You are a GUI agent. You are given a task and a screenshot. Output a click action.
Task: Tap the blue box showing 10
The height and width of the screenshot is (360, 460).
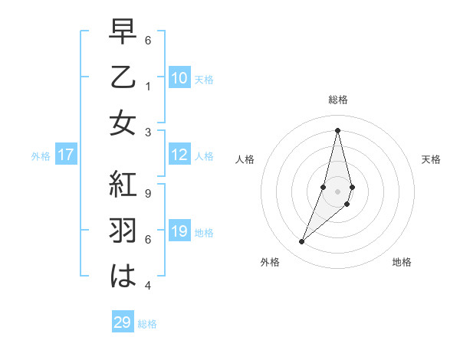coord(179,77)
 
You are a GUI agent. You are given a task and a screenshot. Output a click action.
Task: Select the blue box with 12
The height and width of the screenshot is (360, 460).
coord(179,155)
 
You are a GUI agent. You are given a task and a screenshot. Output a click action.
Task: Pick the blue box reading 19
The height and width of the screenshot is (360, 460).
coord(179,231)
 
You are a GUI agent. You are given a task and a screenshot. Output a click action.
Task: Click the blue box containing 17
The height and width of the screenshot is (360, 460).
coord(66,155)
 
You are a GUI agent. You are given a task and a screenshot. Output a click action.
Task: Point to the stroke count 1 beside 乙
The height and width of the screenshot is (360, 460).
coord(148,86)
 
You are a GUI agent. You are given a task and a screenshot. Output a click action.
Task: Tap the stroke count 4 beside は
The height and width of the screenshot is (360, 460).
coord(148,286)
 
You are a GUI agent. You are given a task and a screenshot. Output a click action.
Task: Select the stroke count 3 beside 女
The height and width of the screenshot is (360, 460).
coord(148,132)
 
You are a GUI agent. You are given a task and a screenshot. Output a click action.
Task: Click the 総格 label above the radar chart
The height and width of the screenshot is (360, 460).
coord(338,100)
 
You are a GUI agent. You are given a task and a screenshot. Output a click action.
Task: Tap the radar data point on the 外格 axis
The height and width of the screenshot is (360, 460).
coord(301,242)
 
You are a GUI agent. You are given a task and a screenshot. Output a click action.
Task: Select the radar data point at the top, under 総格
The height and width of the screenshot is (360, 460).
coord(338,130)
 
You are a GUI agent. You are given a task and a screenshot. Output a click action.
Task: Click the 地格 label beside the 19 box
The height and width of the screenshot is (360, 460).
coord(204,232)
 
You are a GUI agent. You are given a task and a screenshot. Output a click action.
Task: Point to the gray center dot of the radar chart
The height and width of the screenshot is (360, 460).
coord(338,191)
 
